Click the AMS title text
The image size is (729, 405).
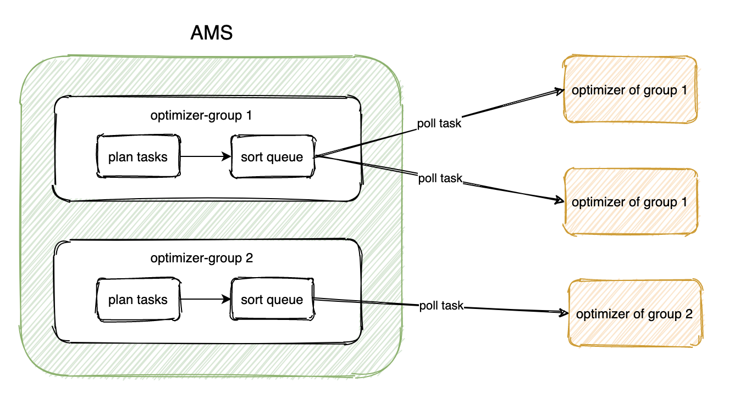click(x=212, y=33)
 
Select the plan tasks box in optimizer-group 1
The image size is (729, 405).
click(x=138, y=157)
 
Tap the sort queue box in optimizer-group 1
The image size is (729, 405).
click(x=272, y=157)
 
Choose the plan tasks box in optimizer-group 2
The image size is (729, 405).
click(x=138, y=300)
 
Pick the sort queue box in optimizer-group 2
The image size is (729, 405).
click(x=272, y=300)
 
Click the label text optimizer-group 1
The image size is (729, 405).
click(x=201, y=116)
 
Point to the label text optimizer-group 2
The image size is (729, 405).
click(x=201, y=258)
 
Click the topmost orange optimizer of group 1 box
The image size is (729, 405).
click(x=629, y=90)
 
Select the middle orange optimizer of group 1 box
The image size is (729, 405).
click(x=629, y=202)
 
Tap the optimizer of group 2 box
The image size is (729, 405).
click(x=634, y=314)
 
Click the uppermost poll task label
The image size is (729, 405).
click(x=439, y=123)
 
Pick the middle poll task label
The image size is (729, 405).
click(x=440, y=178)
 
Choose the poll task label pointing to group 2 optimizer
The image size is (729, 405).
click(x=441, y=306)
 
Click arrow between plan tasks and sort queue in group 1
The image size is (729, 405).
click(x=205, y=157)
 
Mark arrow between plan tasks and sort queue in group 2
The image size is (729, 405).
click(x=205, y=300)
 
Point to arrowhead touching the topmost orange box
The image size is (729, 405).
click(x=560, y=91)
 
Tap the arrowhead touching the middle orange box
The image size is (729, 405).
click(x=560, y=200)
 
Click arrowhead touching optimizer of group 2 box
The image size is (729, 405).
click(x=563, y=313)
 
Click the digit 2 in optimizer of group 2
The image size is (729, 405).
click(x=689, y=314)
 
